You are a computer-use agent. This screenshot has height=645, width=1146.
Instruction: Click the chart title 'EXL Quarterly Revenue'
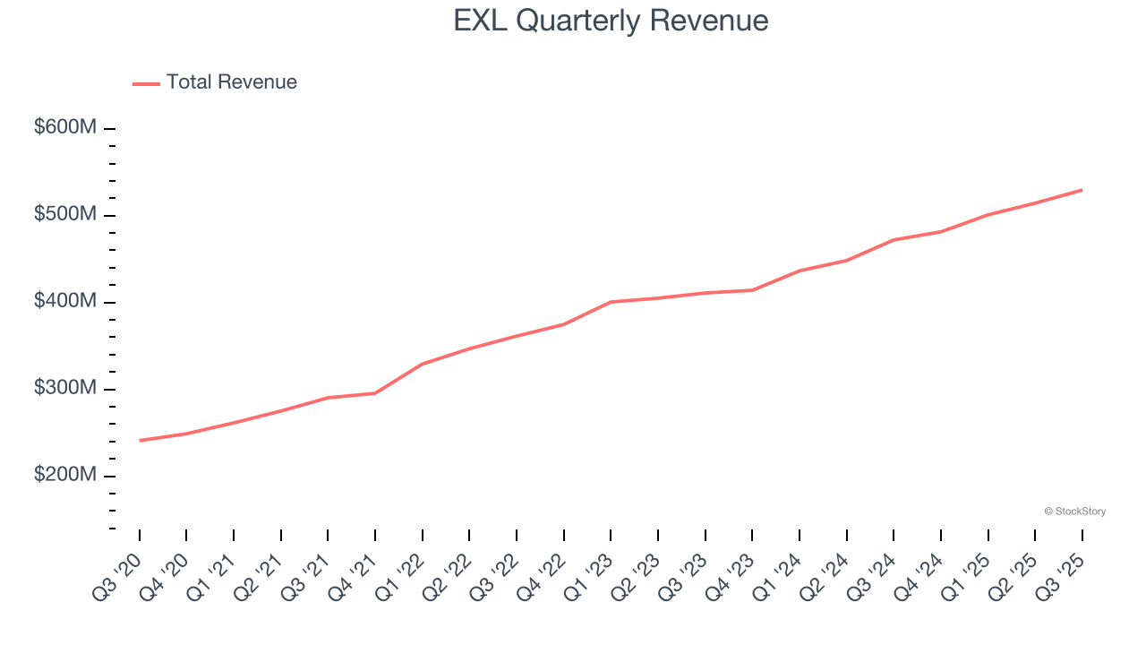pyautogui.click(x=611, y=20)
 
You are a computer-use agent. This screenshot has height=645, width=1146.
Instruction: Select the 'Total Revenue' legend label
pyautogui.click(x=231, y=82)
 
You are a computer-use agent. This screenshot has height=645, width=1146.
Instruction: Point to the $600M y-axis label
pyautogui.click(x=64, y=128)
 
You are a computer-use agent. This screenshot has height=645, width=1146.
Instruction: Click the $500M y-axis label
pyautogui.click(x=64, y=215)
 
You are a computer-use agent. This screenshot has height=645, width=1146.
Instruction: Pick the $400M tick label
pyautogui.click(x=64, y=302)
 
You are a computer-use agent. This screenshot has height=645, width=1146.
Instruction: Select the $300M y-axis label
pyautogui.click(x=64, y=389)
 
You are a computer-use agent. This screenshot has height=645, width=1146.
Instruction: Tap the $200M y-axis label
pyautogui.click(x=64, y=476)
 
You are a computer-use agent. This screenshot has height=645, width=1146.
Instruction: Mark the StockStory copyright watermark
pyautogui.click(x=1074, y=512)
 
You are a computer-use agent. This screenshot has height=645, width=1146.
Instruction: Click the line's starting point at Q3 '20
pyautogui.click(x=140, y=440)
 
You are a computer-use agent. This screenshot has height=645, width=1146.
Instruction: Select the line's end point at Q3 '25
pyautogui.click(x=1082, y=190)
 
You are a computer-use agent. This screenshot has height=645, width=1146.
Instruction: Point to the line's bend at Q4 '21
pyautogui.click(x=375, y=393)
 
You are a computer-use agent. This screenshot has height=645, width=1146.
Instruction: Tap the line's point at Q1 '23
pyautogui.click(x=611, y=302)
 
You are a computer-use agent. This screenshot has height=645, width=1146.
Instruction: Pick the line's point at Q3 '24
pyautogui.click(x=894, y=240)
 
